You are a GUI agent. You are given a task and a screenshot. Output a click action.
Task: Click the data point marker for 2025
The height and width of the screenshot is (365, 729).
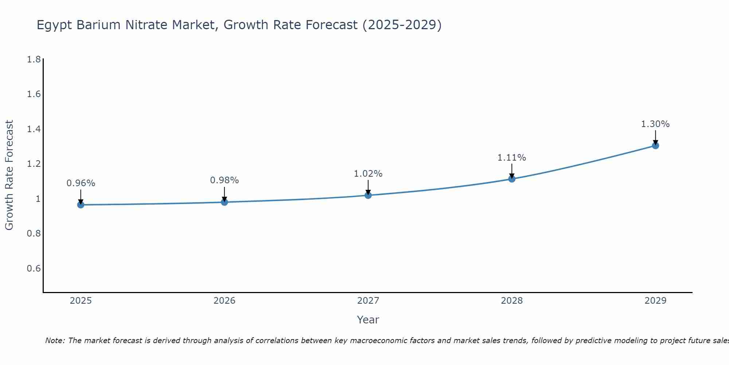tap(81, 205)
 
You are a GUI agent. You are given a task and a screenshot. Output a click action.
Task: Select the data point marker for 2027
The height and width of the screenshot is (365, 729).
tap(368, 195)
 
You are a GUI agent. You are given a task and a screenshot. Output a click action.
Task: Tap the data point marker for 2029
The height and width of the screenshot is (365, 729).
tap(655, 146)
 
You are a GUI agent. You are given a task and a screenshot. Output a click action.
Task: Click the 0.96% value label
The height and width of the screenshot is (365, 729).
tap(81, 183)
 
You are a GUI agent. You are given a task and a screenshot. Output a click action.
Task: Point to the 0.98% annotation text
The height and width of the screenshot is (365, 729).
tap(224, 180)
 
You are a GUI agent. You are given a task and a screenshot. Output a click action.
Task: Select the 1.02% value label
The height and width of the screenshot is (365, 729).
tap(368, 174)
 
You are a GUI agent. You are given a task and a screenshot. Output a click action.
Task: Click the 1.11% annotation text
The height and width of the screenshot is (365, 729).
tap(512, 158)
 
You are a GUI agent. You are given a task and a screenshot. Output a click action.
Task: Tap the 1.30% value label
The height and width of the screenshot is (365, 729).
tap(655, 124)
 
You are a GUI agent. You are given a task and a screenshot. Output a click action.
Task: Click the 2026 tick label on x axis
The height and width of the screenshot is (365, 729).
tap(224, 301)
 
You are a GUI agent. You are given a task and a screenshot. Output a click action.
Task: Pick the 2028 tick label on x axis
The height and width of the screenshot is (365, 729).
tap(512, 301)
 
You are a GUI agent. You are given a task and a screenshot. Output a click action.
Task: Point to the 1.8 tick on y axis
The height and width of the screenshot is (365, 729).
tap(34, 59)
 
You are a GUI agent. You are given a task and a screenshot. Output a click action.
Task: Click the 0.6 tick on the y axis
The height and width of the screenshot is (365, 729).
tap(34, 269)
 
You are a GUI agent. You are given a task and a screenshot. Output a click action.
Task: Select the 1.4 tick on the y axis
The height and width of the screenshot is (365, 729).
tap(34, 129)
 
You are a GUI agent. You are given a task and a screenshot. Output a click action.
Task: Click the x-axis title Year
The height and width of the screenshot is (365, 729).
tap(368, 320)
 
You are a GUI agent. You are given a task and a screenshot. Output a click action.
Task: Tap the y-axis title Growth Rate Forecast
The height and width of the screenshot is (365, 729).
tap(9, 175)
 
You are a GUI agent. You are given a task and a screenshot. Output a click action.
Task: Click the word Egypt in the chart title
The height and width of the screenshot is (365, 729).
tap(55, 25)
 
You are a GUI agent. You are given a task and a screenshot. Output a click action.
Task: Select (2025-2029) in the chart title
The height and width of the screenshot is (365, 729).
tap(402, 25)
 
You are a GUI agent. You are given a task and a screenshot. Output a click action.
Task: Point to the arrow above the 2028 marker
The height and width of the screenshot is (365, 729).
tap(512, 170)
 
